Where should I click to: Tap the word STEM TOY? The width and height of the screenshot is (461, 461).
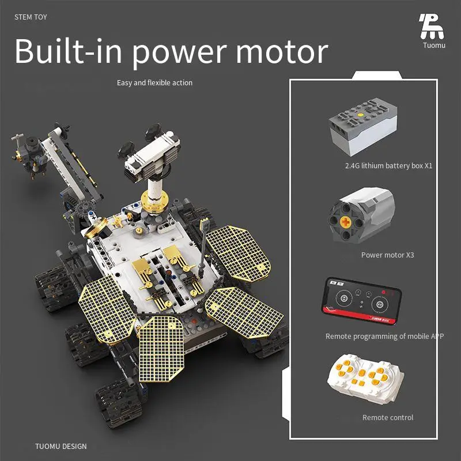coord(31,17)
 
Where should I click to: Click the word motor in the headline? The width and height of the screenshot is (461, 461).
coord(282,52)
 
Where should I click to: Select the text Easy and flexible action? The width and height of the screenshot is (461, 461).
coord(154,83)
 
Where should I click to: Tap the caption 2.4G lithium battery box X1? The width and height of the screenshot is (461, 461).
coord(388,166)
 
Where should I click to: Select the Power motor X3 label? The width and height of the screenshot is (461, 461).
coord(387,255)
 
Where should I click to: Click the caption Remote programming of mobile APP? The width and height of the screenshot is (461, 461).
coord(384,337)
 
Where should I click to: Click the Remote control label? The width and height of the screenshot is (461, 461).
coord(387,418)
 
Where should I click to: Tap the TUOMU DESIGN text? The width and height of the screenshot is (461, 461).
coord(61,447)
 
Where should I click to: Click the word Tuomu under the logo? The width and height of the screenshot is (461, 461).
coord(434,46)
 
